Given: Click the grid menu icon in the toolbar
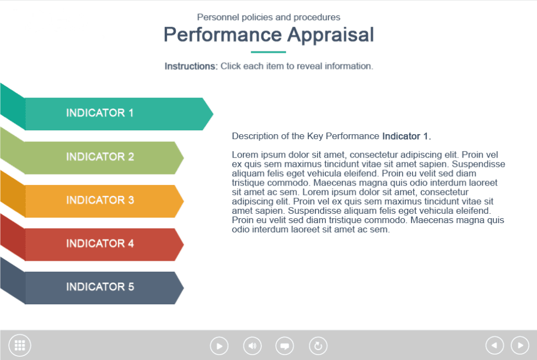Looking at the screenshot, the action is coord(20,345).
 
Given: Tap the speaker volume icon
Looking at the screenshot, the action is coord(253,346).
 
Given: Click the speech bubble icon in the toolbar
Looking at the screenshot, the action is coord(284,346).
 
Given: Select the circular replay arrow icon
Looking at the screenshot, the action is coord(318,346).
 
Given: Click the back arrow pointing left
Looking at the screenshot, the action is coord(494,345).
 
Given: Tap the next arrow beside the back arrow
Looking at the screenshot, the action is coord(520,345).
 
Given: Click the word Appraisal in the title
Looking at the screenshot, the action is coord(331,35).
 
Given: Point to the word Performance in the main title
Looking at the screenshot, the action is coord(223,34).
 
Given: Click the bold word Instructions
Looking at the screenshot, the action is coord(191,66).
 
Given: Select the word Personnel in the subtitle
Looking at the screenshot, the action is coord(218,17).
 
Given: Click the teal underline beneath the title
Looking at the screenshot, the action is coord(268,52).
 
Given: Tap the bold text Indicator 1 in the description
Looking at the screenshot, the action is coord(407,136).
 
